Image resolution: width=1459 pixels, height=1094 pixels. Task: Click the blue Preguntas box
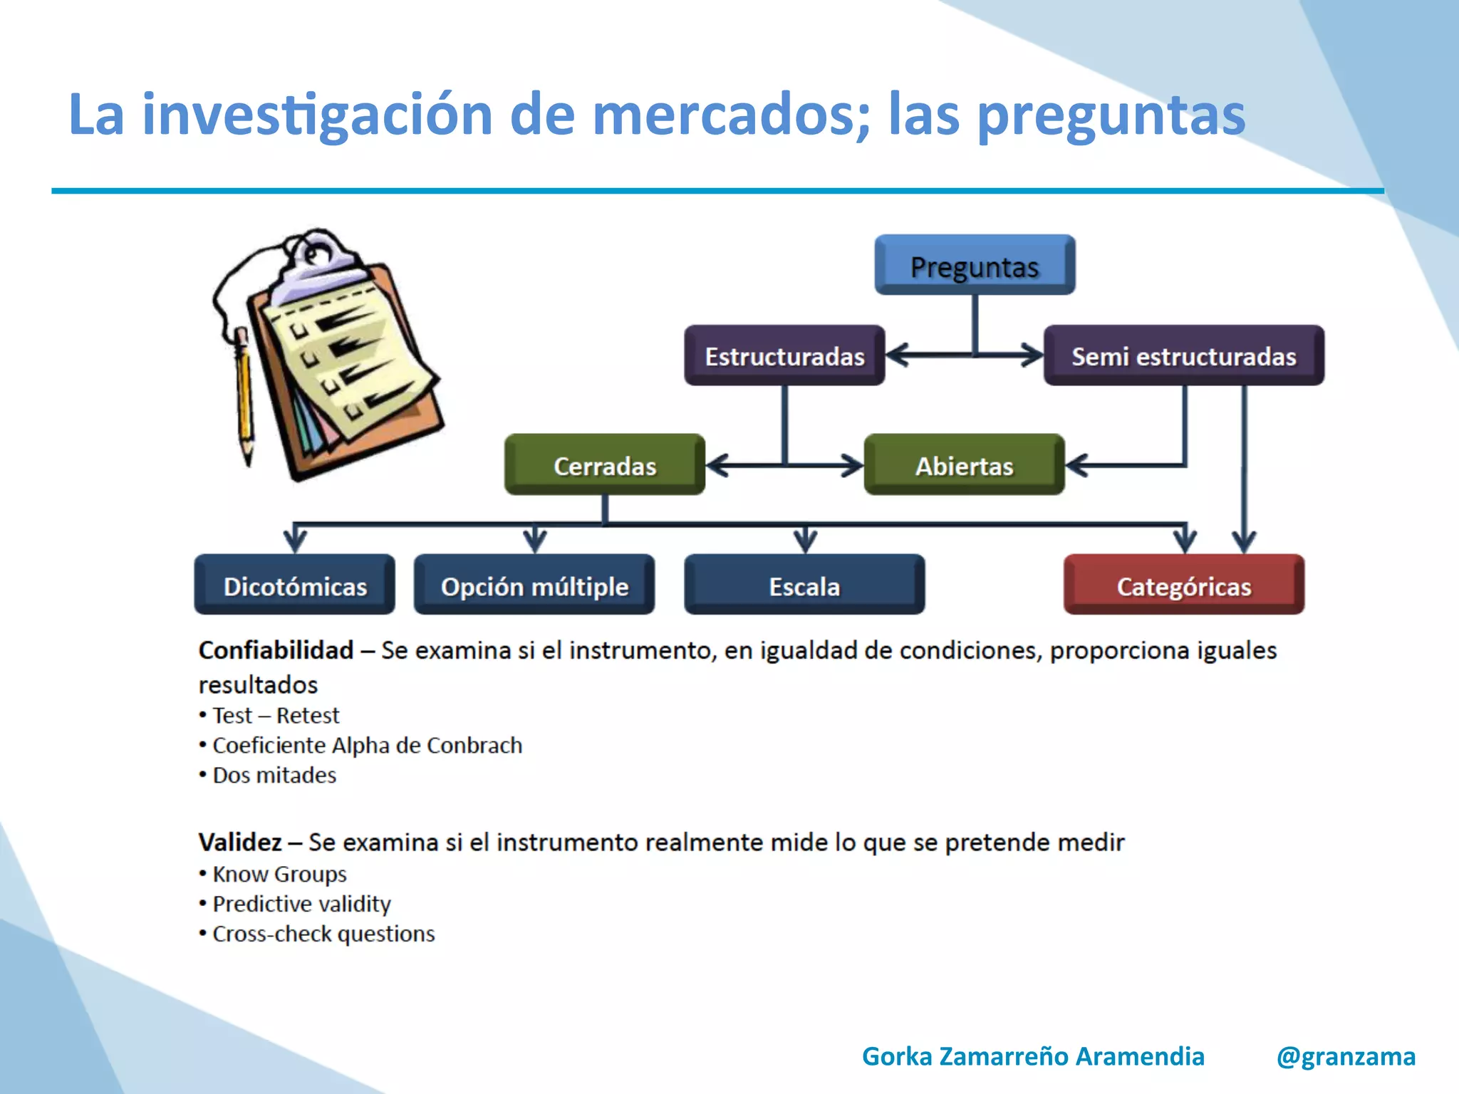click(975, 265)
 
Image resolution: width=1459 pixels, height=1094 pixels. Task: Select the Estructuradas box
click(784, 355)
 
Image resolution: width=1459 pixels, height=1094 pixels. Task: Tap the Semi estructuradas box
click(1183, 355)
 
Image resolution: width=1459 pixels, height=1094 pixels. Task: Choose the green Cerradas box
click(605, 465)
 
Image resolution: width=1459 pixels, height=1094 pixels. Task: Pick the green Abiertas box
click(964, 465)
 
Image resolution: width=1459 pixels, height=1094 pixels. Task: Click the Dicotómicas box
click(295, 585)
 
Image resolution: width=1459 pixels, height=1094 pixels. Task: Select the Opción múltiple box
click(534, 585)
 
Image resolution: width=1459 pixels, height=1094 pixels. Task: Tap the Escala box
click(804, 585)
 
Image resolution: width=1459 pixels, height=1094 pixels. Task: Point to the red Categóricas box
click(1183, 585)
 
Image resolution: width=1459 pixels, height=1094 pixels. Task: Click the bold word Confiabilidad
click(276, 650)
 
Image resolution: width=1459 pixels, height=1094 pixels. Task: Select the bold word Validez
click(240, 842)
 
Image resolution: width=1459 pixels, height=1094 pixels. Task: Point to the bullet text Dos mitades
click(274, 775)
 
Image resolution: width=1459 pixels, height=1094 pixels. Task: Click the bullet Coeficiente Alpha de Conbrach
click(367, 745)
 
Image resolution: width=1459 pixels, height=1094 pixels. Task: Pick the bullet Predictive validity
click(301, 904)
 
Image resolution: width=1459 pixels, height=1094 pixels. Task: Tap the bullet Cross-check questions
click(323, 934)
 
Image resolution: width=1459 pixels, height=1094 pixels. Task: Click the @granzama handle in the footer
click(1346, 1056)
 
